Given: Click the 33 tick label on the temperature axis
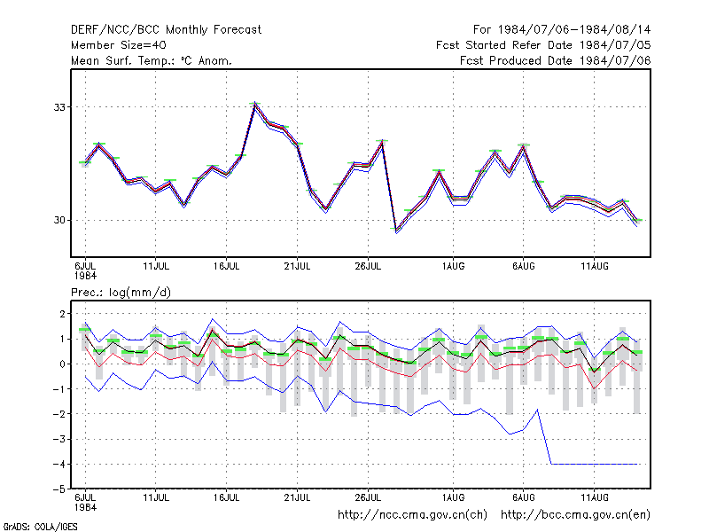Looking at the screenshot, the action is (59, 107).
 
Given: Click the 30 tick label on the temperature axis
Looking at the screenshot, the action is (59, 220).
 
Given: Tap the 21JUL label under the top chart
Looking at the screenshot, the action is (297, 266).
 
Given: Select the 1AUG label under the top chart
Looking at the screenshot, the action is (453, 266).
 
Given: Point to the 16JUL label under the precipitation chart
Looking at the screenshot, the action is (227, 497).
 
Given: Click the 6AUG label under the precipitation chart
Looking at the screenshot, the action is (524, 497).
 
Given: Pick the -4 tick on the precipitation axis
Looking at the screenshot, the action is (59, 464).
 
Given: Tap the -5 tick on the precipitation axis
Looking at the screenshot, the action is (59, 489).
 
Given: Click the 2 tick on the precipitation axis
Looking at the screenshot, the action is (62, 314).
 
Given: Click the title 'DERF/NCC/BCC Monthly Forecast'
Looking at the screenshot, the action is (166, 30).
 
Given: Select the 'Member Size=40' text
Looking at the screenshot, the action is (119, 45).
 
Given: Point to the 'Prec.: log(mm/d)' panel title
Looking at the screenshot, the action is (121, 293).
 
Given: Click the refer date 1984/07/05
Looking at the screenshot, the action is (615, 45).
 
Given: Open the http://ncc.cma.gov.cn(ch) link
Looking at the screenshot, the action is (412, 515).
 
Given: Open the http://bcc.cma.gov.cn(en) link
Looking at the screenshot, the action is (575, 515).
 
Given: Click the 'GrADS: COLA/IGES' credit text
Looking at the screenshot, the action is (40, 527).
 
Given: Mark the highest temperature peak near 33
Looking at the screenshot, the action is (255, 104).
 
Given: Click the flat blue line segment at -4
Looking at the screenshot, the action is (594, 464).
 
